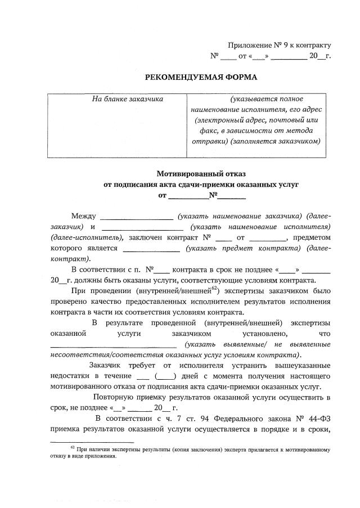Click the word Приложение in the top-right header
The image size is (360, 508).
click(x=247, y=45)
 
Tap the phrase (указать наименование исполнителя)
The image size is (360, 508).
click(x=260, y=227)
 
